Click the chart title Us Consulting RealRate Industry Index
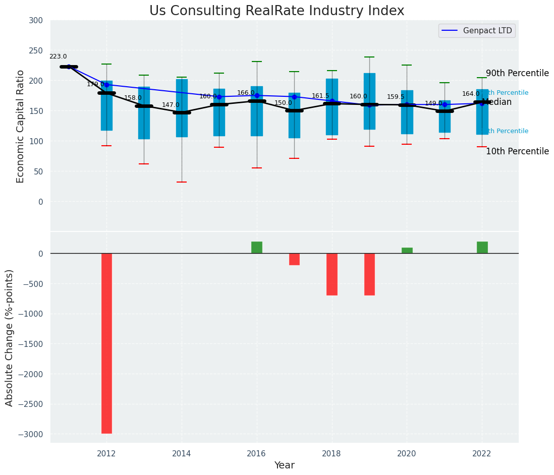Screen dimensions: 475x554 [276, 11]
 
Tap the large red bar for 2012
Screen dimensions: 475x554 [106, 343]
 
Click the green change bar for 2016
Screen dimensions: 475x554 [257, 248]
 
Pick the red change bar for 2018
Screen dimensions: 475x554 [332, 274]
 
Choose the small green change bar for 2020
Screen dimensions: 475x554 [407, 251]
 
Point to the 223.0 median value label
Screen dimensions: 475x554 [58, 57]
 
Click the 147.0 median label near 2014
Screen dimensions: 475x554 [171, 105]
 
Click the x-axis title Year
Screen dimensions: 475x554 [285, 465]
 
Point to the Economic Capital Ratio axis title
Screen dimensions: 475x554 [21, 126]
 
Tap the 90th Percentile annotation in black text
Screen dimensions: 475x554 [517, 74]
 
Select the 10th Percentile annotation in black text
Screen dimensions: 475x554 [517, 152]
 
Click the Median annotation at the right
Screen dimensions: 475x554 [497, 102]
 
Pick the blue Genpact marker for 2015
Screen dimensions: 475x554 [219, 97]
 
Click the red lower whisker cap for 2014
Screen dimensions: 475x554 [182, 182]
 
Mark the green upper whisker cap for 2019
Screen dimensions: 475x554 [369, 57]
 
